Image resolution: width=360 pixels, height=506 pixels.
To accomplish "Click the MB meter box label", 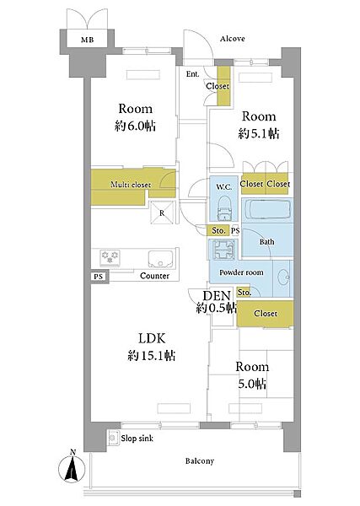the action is click(x=87, y=40).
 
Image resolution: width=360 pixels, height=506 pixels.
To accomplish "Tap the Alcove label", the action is click(x=232, y=39).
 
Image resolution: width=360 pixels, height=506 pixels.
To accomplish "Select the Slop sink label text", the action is click(x=137, y=439).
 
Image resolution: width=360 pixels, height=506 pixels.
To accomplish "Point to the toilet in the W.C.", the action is click(x=224, y=209).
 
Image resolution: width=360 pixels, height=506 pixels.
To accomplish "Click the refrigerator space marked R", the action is click(x=162, y=213).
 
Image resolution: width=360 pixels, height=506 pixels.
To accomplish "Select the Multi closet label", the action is click(x=131, y=185).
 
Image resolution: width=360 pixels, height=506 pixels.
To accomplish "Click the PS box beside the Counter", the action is click(x=99, y=277).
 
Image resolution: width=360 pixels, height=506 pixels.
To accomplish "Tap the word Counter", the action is click(x=154, y=276).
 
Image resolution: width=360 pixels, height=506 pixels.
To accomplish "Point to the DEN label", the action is click(x=217, y=296).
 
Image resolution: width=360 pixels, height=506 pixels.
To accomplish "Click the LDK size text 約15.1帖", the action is click(x=152, y=355).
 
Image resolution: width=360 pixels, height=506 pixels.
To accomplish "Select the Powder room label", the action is click(x=241, y=272).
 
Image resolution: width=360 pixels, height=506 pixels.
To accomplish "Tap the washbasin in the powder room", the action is click(x=282, y=277).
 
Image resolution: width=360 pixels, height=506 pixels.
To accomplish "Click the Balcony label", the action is click(x=199, y=461).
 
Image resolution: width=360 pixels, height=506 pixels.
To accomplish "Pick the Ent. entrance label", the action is click(x=192, y=74).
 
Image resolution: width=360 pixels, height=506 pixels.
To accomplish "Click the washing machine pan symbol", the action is click(x=223, y=250).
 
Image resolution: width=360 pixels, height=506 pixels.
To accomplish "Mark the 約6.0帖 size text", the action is click(x=135, y=125).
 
